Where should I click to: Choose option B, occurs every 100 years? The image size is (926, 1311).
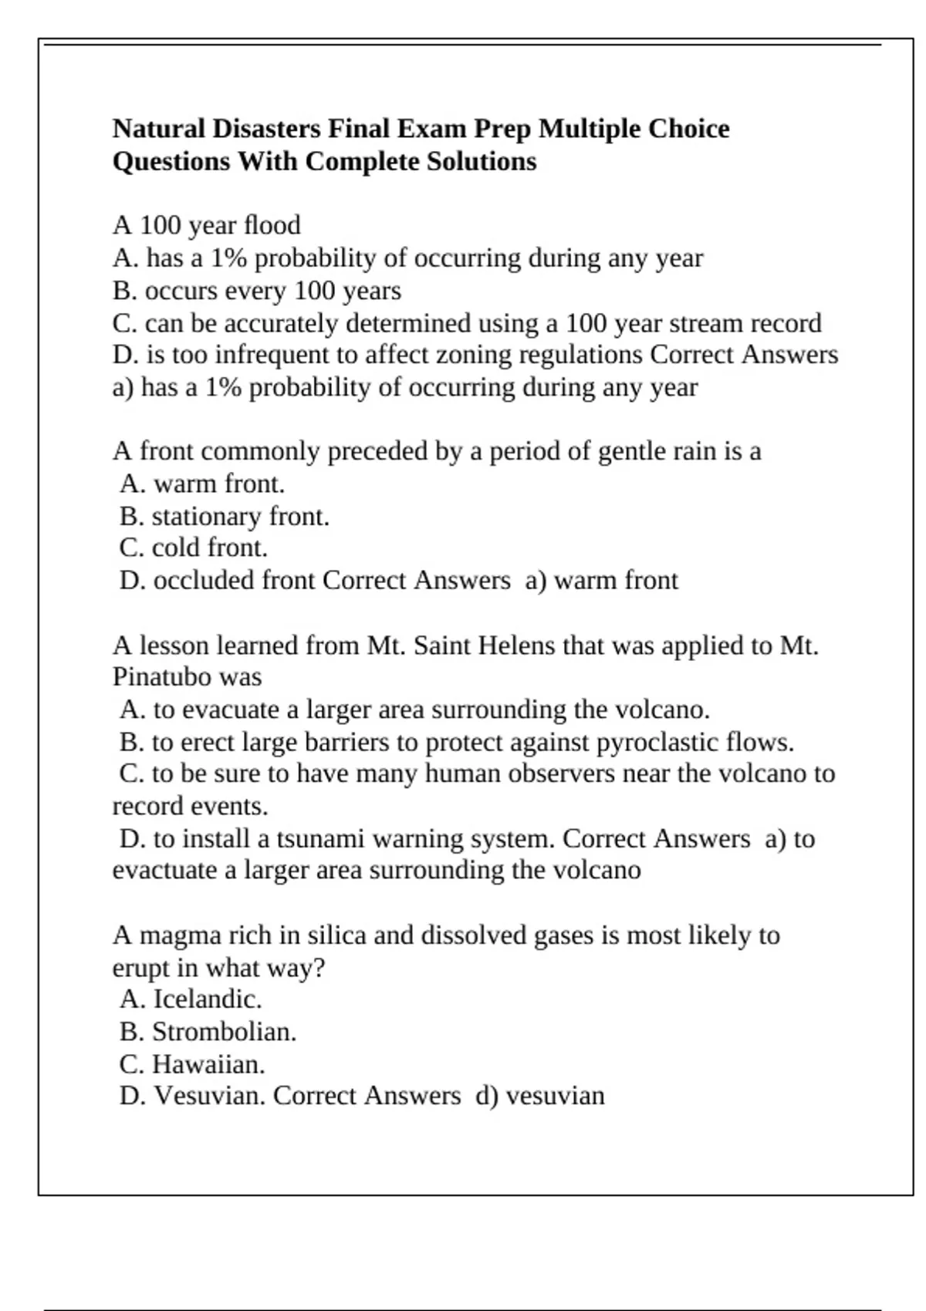pyautogui.click(x=257, y=291)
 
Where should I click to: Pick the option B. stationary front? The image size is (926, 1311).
pyautogui.click(x=225, y=516)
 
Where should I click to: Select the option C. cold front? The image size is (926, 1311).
pyautogui.click(x=194, y=548)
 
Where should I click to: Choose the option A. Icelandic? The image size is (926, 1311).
pyautogui.click(x=191, y=999)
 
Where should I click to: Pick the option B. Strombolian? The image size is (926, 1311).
pyautogui.click(x=208, y=1032)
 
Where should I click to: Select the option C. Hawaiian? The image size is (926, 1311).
pyautogui.click(x=192, y=1064)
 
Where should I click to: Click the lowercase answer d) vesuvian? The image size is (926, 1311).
pyautogui.click(x=540, y=1096)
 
